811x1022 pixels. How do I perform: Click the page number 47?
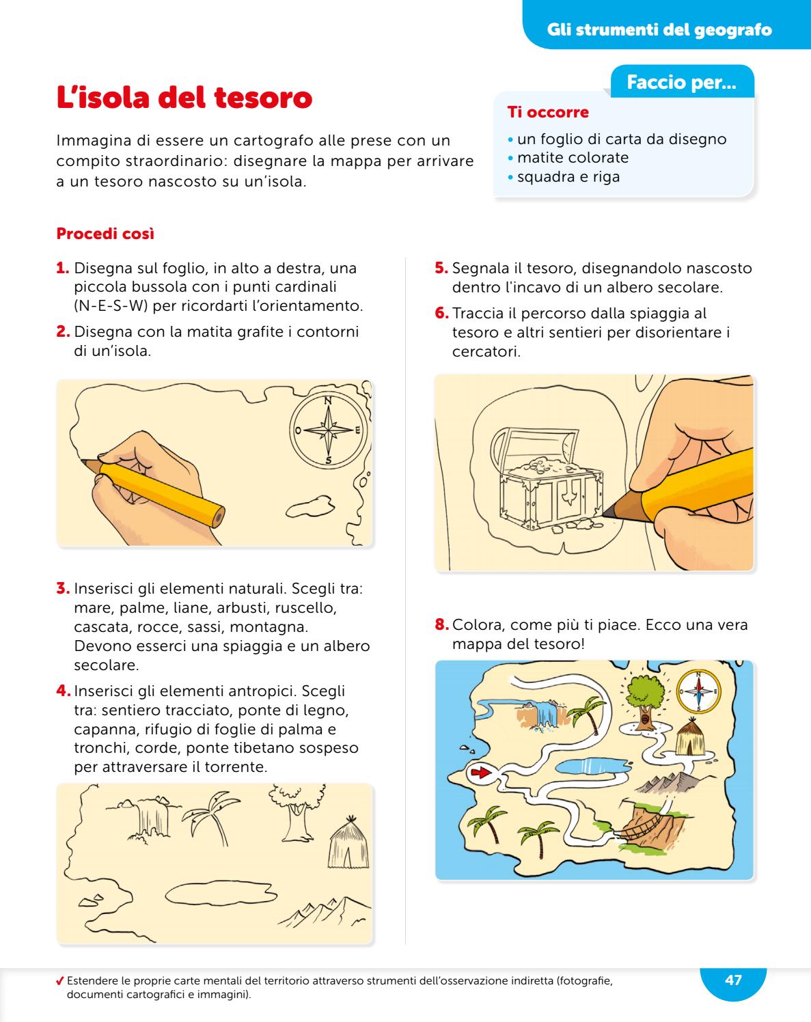pyautogui.click(x=732, y=980)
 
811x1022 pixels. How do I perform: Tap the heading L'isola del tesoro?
pyautogui.click(x=184, y=98)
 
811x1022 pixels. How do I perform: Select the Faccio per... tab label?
pyautogui.click(x=681, y=83)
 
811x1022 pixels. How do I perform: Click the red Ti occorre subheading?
pyautogui.click(x=547, y=112)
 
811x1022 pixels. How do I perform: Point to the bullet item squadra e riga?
pyautogui.click(x=568, y=177)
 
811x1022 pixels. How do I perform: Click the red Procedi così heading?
pyautogui.click(x=105, y=234)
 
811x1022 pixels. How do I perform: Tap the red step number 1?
pyautogui.click(x=63, y=268)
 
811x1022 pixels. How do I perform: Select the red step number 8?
pyautogui.click(x=442, y=624)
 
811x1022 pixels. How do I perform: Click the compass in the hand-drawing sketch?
pyautogui.click(x=328, y=430)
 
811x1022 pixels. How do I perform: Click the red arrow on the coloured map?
pyautogui.click(x=480, y=773)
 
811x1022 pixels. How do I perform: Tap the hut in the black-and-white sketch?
pyautogui.click(x=348, y=842)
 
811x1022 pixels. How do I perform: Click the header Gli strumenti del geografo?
pyautogui.click(x=659, y=30)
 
